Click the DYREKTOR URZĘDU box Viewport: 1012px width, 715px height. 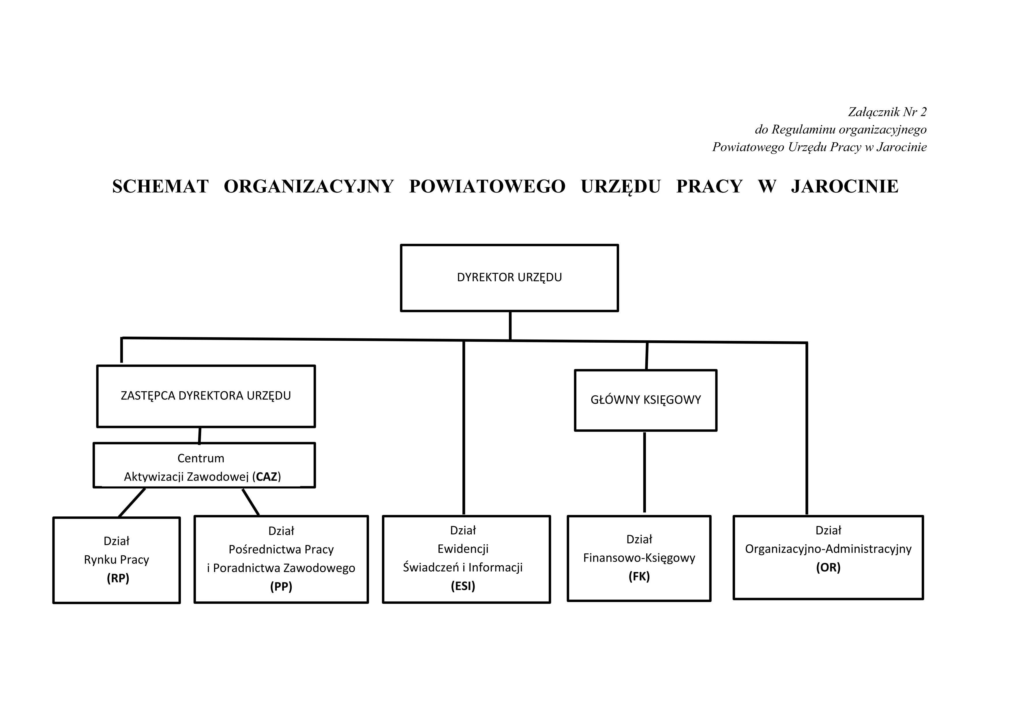pos(509,278)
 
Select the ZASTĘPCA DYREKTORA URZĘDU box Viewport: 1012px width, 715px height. pos(206,396)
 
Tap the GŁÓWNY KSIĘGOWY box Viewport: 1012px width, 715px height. pos(645,400)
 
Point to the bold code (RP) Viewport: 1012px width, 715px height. pos(118,578)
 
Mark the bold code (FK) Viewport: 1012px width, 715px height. pos(639,576)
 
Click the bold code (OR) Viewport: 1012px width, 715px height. pos(828,567)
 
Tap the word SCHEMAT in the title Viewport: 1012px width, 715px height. pos(160,187)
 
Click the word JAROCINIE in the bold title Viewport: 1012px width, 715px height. pos(844,187)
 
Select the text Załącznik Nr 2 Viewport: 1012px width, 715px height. pos(887,112)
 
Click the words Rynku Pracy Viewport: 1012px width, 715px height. pos(116,560)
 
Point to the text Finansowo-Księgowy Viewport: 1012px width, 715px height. pos(639,558)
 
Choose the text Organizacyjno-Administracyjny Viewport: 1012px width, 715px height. pos(828,549)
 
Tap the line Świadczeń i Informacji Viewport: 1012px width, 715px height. pos(463,567)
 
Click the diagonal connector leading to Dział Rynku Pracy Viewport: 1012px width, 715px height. pos(132,502)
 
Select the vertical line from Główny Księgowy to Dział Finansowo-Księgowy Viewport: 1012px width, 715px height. pos(644,472)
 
